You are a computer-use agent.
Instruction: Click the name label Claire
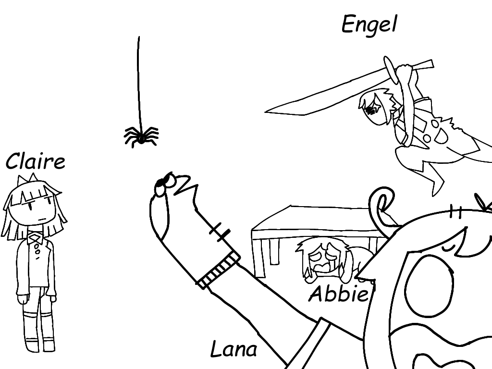click(35, 161)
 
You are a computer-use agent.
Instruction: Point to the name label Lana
click(234, 349)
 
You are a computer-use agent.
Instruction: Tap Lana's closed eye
click(449, 247)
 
